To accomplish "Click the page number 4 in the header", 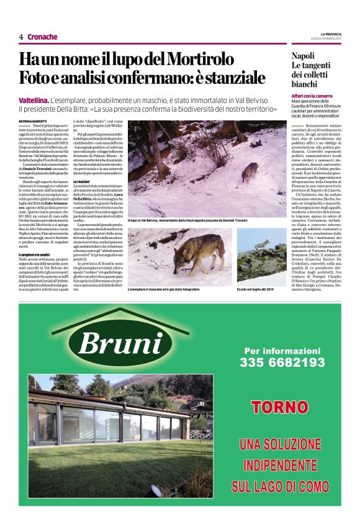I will pos(20,37).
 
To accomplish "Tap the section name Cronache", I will pos(42,37).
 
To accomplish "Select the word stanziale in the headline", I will pos(230,79).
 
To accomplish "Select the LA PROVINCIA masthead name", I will pos(333,34).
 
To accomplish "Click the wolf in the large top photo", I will pos(250,172).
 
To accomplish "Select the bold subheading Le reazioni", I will pos(83,181).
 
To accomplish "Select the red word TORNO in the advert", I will pos(271,407).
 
